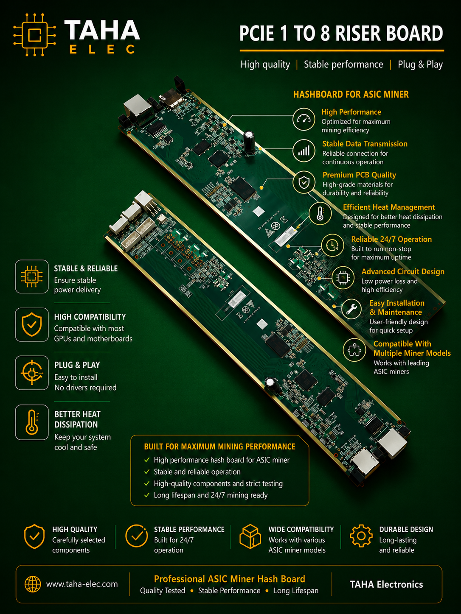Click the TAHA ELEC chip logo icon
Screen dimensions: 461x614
tap(34, 35)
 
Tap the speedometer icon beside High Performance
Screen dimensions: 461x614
tap(304, 119)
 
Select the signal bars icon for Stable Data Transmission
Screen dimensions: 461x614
tap(304, 151)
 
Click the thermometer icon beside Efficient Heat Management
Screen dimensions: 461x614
tap(320, 213)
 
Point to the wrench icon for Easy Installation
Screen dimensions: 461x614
tap(351, 309)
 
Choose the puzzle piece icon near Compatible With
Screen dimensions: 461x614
tap(354, 350)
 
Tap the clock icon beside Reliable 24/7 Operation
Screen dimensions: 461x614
tap(332, 246)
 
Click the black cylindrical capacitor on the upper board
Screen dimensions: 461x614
tap(249, 142)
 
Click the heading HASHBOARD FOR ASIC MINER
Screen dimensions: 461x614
tap(351, 95)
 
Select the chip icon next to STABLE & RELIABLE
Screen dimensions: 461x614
tap(32, 276)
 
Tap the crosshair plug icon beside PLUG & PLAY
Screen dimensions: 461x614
tap(32, 373)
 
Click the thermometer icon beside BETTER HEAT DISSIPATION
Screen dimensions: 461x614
tap(32, 422)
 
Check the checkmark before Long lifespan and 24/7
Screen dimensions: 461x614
tap(147, 495)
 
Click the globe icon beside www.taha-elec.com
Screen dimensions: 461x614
tap(33, 584)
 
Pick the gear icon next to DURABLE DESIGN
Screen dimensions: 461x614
tap(361, 536)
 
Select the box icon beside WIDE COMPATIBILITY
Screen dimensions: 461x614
tap(250, 536)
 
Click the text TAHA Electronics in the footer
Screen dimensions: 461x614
tap(386, 584)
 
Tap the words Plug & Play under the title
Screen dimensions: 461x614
tap(420, 64)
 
